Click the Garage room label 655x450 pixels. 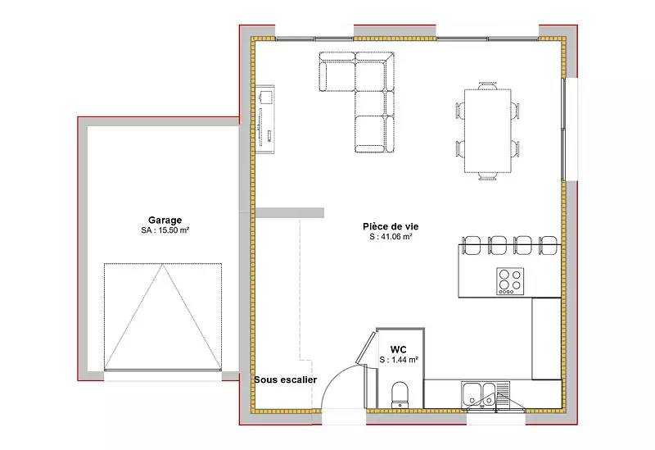pos(165,220)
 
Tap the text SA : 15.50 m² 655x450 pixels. pos(165,230)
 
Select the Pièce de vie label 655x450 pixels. pos(391,226)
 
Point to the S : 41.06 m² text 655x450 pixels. pos(391,237)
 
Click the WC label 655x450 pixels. pos(398,349)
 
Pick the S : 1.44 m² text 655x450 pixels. pos(399,360)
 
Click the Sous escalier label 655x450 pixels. pos(285,380)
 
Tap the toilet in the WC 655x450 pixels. pos(400,394)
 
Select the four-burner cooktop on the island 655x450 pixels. pos(510,281)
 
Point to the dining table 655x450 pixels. pos(488,130)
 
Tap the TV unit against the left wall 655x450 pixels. pos(264,119)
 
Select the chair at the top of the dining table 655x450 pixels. pos(488,85)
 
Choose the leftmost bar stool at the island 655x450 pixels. pos(472,245)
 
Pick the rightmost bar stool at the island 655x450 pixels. pos(548,245)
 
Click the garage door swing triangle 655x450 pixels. pos(162,316)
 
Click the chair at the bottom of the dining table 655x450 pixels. pos(487,176)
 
